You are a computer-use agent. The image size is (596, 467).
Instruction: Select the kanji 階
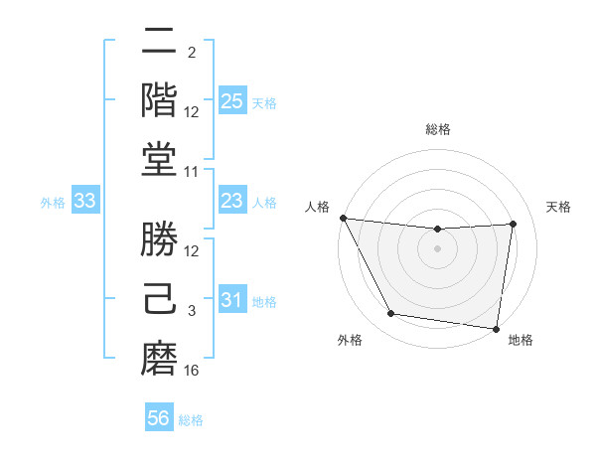[159, 101]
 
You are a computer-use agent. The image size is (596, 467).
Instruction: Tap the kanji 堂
[159, 160]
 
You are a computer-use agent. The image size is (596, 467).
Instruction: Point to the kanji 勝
[159, 240]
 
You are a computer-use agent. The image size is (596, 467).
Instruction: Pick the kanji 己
[159, 299]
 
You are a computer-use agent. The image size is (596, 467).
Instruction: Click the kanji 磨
[159, 359]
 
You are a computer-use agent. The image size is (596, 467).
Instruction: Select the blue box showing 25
[231, 101]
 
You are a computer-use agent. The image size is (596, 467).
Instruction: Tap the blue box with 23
[231, 202]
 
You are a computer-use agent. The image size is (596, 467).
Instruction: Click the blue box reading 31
[231, 300]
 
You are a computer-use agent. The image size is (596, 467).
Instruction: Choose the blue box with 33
[85, 202]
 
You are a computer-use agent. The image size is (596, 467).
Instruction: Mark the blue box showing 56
[159, 418]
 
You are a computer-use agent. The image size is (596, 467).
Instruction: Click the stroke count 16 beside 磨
[192, 371]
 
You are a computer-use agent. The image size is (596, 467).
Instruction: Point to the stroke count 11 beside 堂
[192, 172]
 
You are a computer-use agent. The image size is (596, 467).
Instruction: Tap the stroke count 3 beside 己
[192, 311]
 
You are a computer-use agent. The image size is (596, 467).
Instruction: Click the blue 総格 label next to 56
[191, 420]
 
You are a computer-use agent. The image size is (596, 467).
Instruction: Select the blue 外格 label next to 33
[53, 203]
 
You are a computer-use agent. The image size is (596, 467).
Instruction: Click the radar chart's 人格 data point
[344, 218]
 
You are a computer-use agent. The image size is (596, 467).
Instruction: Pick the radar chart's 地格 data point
[496, 328]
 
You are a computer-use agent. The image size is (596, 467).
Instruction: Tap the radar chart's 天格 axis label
[559, 207]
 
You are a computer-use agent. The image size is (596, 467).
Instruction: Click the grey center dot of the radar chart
[437, 248]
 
